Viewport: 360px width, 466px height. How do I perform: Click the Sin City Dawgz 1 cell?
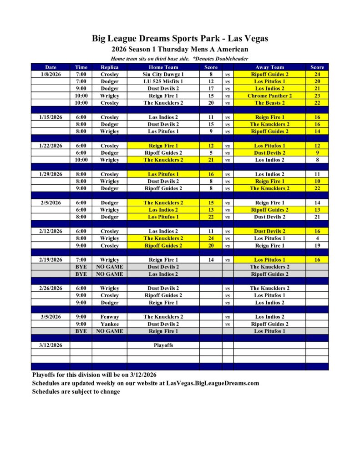pos(163,74)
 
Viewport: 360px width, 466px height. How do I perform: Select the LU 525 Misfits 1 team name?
pos(163,81)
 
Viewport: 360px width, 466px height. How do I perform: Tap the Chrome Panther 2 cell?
pos(269,96)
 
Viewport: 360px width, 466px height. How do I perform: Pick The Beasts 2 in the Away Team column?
pos(269,103)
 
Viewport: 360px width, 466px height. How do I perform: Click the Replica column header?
pos(109,67)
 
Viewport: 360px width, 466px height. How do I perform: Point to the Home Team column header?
pos(163,67)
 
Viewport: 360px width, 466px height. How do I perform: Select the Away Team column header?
pos(269,67)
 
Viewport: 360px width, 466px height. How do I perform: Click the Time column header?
pos(81,67)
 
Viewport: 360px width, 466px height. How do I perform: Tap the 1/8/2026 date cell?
pos(51,74)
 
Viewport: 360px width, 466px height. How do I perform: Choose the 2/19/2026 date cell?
pos(51,260)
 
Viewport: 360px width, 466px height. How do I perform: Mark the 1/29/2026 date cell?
pos(51,174)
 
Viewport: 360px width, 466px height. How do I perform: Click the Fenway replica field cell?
pos(109,317)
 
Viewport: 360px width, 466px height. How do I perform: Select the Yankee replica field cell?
pos(109,324)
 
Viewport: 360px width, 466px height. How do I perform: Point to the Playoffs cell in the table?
pos(163,345)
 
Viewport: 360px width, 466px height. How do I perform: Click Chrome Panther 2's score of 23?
pos(317,96)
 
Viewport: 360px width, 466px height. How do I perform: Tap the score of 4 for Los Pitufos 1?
pos(317,238)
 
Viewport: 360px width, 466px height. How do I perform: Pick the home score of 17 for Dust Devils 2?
pos(211,88)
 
